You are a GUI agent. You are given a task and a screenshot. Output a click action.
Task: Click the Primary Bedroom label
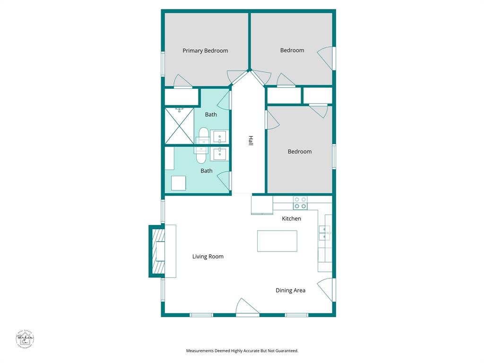(x=205, y=51)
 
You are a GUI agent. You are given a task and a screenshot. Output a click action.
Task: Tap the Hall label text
(x=251, y=140)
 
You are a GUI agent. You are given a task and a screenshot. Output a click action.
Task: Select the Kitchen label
(x=291, y=218)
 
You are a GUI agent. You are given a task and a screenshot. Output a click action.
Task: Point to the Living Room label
(x=207, y=257)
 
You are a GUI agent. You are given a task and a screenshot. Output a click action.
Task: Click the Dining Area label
(x=290, y=290)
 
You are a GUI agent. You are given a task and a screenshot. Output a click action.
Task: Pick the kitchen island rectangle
(x=277, y=241)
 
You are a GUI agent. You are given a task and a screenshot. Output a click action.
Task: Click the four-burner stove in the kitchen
(x=300, y=203)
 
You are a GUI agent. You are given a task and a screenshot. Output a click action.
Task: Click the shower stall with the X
(x=179, y=126)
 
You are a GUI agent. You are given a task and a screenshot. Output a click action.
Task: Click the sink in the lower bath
(x=218, y=154)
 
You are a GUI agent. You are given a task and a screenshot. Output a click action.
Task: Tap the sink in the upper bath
(x=218, y=137)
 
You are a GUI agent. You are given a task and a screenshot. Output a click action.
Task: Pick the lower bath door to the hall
(x=225, y=180)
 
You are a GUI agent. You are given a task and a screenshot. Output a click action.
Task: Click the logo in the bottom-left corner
(x=25, y=338)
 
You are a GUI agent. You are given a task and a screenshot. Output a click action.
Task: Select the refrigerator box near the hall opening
(x=262, y=205)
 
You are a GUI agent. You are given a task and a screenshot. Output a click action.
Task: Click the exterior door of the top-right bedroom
(x=327, y=58)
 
